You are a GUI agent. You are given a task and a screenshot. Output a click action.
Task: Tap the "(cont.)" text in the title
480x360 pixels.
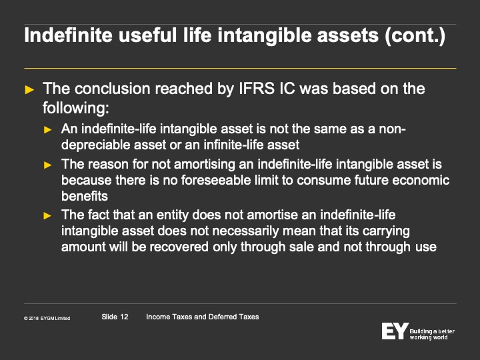coord(415,36)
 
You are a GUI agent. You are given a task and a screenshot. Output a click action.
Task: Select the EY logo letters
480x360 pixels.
coord(395,331)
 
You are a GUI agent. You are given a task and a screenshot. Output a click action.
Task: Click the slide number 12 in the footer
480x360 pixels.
coord(124,317)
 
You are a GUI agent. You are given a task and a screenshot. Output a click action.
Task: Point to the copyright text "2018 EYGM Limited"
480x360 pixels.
coord(49,319)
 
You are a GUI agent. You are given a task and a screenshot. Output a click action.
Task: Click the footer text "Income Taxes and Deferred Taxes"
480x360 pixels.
coord(203,317)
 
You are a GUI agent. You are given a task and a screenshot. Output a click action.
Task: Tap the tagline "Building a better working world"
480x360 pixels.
coord(432,334)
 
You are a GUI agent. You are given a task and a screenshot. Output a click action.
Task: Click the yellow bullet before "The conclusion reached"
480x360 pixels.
coord(29,90)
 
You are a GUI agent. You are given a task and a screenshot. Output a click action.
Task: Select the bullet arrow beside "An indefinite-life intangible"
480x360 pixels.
coord(47,130)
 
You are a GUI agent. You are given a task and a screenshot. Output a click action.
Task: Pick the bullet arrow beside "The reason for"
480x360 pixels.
coord(47,165)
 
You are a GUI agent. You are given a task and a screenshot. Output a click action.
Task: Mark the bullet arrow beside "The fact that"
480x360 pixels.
coord(47,216)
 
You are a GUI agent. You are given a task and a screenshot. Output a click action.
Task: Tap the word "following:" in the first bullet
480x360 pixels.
coord(75,108)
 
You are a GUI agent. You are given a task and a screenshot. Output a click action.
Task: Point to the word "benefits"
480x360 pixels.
coord(85,196)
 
